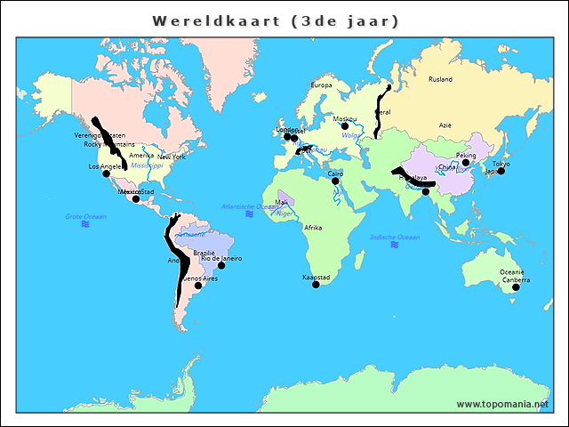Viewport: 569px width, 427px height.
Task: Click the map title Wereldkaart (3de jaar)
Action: click(x=276, y=20)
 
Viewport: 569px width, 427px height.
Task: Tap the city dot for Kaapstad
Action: click(x=316, y=285)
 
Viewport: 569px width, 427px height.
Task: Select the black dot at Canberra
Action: click(x=516, y=286)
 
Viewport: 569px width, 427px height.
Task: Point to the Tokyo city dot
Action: click(x=501, y=171)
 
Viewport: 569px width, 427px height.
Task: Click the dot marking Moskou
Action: click(x=345, y=126)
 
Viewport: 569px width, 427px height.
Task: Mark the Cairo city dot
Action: click(x=336, y=181)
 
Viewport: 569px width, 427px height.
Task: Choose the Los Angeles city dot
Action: click(x=107, y=173)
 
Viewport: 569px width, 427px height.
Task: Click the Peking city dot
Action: click(x=466, y=163)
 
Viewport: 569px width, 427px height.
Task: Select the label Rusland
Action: click(x=440, y=79)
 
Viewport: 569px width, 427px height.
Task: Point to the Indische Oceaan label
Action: click(x=396, y=238)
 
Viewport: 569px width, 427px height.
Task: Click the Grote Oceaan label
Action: click(x=85, y=216)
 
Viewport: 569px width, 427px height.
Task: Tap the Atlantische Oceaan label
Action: click(x=250, y=205)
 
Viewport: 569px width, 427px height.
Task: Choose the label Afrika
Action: click(x=313, y=228)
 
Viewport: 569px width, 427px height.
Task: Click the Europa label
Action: click(x=321, y=85)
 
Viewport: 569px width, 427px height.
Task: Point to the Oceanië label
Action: click(x=512, y=272)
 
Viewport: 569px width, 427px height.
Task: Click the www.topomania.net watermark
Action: click(x=503, y=404)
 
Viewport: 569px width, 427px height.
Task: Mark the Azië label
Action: click(x=445, y=125)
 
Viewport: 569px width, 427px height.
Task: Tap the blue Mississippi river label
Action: click(x=147, y=165)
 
